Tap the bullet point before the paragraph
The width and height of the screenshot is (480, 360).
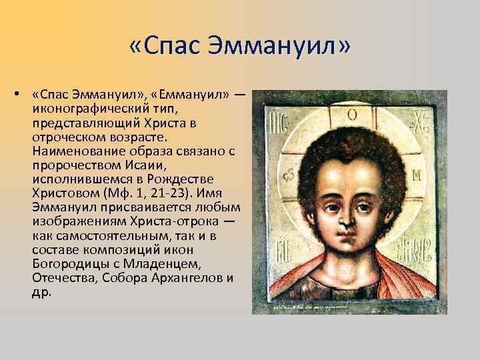[14, 95]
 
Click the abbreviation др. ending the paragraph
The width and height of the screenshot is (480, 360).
[41, 291]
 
